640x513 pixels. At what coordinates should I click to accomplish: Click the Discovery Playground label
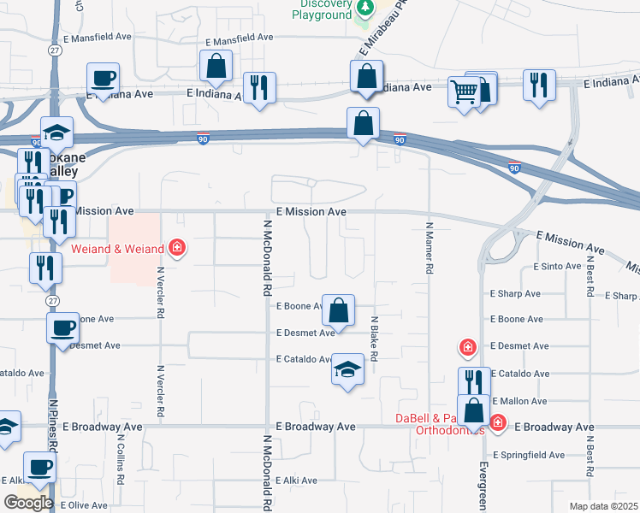(321, 9)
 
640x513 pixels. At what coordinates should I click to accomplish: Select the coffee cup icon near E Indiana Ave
(103, 80)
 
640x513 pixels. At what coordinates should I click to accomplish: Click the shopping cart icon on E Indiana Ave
(464, 91)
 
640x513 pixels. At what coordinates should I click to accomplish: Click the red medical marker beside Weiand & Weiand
(177, 249)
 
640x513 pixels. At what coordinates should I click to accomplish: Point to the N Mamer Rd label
(428, 248)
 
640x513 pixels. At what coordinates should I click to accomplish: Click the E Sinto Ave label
(556, 267)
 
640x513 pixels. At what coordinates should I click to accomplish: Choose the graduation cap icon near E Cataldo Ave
(347, 369)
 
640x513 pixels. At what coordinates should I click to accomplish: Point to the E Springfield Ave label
(529, 455)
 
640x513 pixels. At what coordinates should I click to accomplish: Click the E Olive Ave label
(83, 506)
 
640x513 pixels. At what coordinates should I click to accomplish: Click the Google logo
(28, 503)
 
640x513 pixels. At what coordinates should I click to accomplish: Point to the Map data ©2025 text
(602, 506)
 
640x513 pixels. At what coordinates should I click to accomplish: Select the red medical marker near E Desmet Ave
(467, 347)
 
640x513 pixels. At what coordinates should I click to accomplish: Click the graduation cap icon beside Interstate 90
(57, 132)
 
